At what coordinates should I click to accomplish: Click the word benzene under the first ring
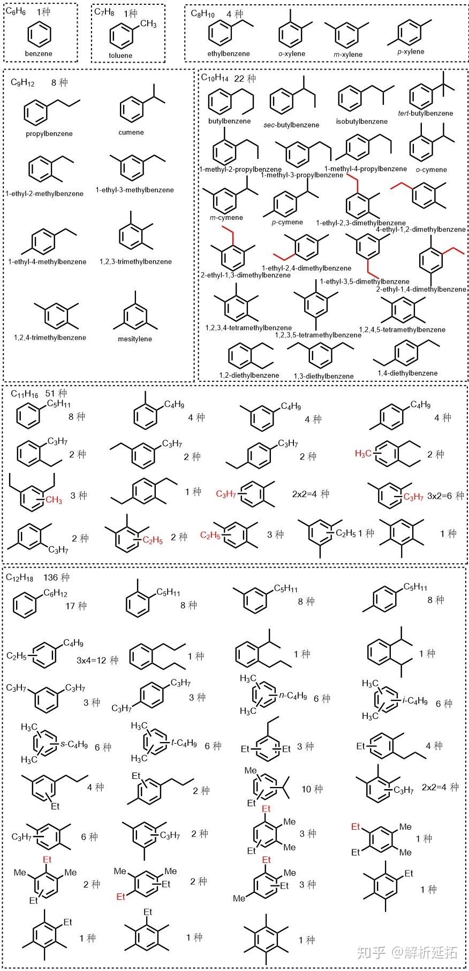(39, 53)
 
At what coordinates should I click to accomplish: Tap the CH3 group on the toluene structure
(148, 24)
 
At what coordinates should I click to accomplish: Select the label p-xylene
(411, 52)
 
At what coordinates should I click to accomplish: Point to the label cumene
(131, 132)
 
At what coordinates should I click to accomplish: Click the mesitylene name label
(135, 339)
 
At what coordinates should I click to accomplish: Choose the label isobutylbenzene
(362, 121)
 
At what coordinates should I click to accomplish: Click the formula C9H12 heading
(22, 83)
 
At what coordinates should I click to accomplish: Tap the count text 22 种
(245, 79)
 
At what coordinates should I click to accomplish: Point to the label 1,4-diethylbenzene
(407, 373)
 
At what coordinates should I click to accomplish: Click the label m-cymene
(226, 217)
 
